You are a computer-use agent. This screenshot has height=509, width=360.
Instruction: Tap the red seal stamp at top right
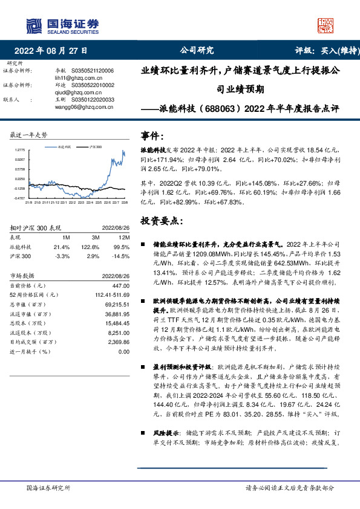[x=326, y=25]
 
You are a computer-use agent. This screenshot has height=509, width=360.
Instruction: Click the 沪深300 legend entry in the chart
[x=96, y=147]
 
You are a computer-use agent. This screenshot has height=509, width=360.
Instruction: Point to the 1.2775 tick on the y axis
[x=20, y=149]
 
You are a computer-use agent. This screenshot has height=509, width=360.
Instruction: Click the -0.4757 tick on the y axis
[x=20, y=198]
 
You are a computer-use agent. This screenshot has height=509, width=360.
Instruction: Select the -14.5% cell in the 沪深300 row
[x=122, y=256]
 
